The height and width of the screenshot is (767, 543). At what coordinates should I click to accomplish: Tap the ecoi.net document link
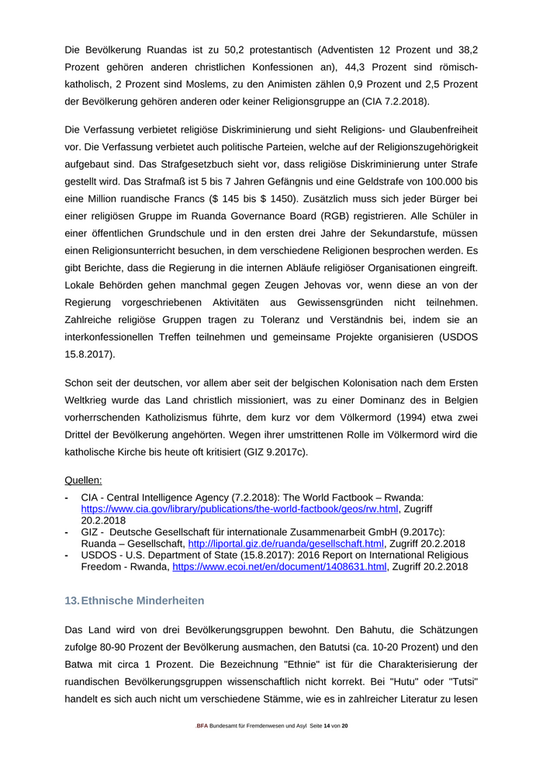[279, 567]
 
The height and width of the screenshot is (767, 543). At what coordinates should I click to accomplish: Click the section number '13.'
[71, 601]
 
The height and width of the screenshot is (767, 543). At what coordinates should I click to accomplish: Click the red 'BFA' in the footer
[201, 725]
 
